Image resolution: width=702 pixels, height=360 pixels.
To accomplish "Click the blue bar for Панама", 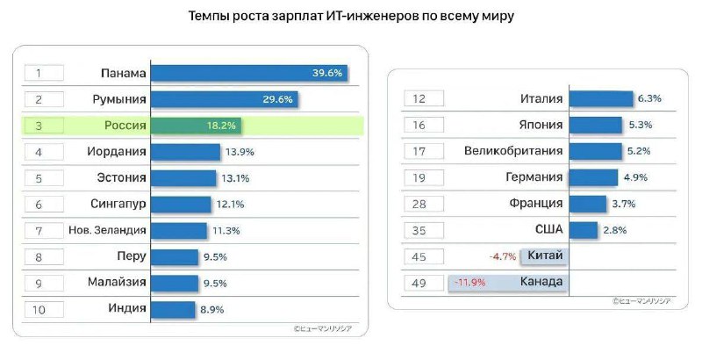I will coord(248,74).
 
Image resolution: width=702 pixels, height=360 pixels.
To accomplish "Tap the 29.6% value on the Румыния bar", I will coord(277,100).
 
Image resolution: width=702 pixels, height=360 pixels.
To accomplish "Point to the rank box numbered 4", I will coord(42,152).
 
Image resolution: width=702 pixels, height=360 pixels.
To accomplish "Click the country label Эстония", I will coord(120,178).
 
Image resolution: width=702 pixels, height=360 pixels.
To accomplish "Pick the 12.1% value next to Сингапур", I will coord(229,205).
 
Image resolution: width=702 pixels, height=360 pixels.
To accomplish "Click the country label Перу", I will coord(130,256).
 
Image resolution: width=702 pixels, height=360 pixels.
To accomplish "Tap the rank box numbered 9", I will coord(42,283).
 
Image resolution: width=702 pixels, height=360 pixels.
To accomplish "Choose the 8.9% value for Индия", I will coord(211,309).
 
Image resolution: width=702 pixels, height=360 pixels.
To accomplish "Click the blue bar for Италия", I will coord(601,99).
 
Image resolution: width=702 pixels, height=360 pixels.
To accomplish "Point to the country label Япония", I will coord(535,126).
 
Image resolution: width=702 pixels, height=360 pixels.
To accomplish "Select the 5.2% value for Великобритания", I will coord(640,152).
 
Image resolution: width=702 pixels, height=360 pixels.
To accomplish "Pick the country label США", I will coord(546,230).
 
